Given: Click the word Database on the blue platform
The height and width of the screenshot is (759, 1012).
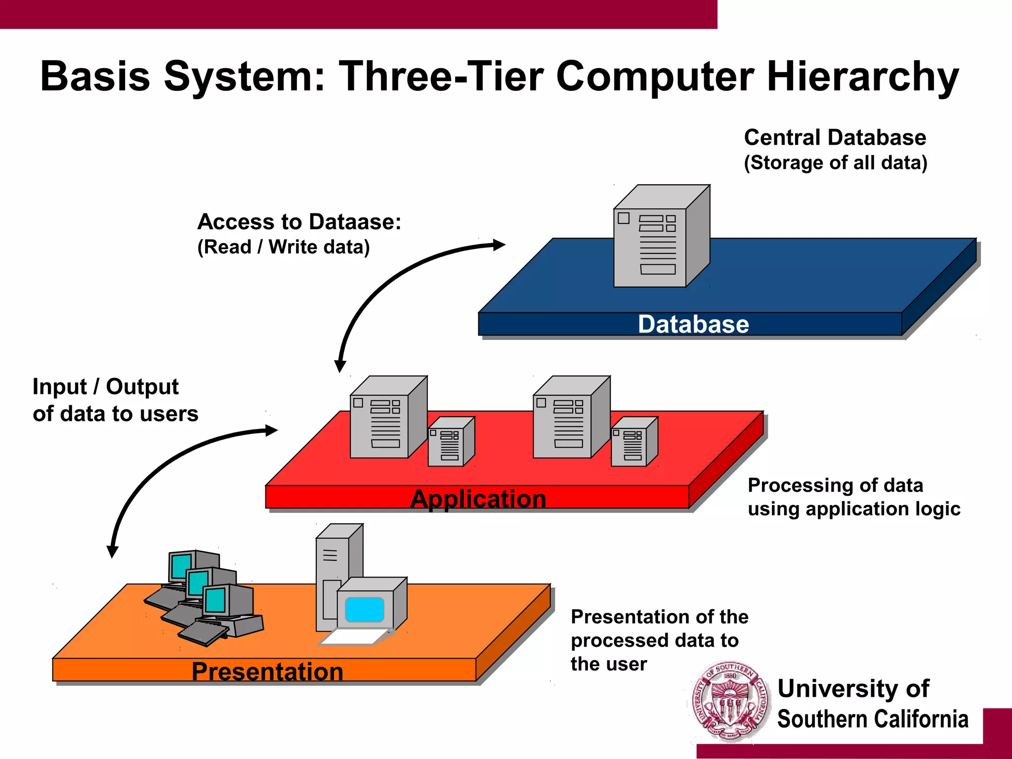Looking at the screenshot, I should click(x=693, y=325).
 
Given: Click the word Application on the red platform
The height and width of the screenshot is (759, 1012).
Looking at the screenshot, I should click(x=478, y=499).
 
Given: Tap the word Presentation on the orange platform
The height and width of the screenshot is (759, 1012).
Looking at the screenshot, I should click(x=267, y=672).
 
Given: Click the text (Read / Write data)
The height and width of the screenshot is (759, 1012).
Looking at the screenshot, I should click(x=283, y=247).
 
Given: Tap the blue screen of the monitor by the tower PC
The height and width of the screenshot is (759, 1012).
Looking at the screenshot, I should click(x=365, y=609).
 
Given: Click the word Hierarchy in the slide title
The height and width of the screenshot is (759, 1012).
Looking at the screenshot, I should click(x=862, y=77).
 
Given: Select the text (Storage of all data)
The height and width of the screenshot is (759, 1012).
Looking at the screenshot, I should click(x=835, y=163).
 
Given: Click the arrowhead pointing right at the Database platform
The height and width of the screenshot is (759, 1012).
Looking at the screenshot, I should click(x=499, y=245).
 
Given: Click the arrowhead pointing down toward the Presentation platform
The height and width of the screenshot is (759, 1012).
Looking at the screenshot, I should click(x=113, y=551).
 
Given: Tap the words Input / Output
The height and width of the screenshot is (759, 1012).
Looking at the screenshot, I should click(x=105, y=387).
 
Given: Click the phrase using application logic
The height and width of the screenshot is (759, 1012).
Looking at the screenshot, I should click(x=854, y=509).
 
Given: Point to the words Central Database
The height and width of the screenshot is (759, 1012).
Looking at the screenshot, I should click(x=835, y=137).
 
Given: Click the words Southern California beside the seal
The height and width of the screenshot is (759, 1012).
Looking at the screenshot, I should click(x=872, y=719).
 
